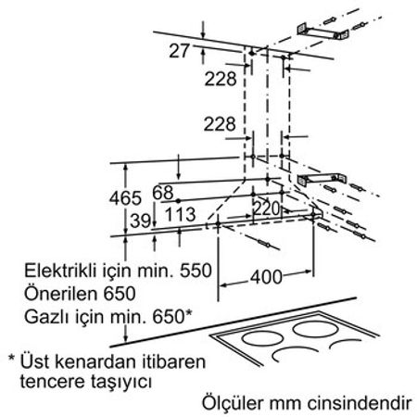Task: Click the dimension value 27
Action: coord(179,51)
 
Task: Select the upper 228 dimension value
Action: coord(221,79)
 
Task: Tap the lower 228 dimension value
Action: coord(220,124)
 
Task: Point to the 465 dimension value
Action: coord(125,198)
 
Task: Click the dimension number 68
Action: coord(163,193)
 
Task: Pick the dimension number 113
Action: coord(181,214)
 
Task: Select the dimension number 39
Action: coord(141,221)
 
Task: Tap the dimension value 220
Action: coord(266,208)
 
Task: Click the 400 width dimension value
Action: coord(266,277)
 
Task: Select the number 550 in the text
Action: coord(196,271)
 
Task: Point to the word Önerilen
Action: coord(61,293)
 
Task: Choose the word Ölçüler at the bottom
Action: coord(234,402)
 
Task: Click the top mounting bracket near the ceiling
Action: coord(322,32)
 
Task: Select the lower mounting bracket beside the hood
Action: coord(322,180)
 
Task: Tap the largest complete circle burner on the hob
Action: coord(314,329)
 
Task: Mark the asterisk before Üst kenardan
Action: coord(11,359)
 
